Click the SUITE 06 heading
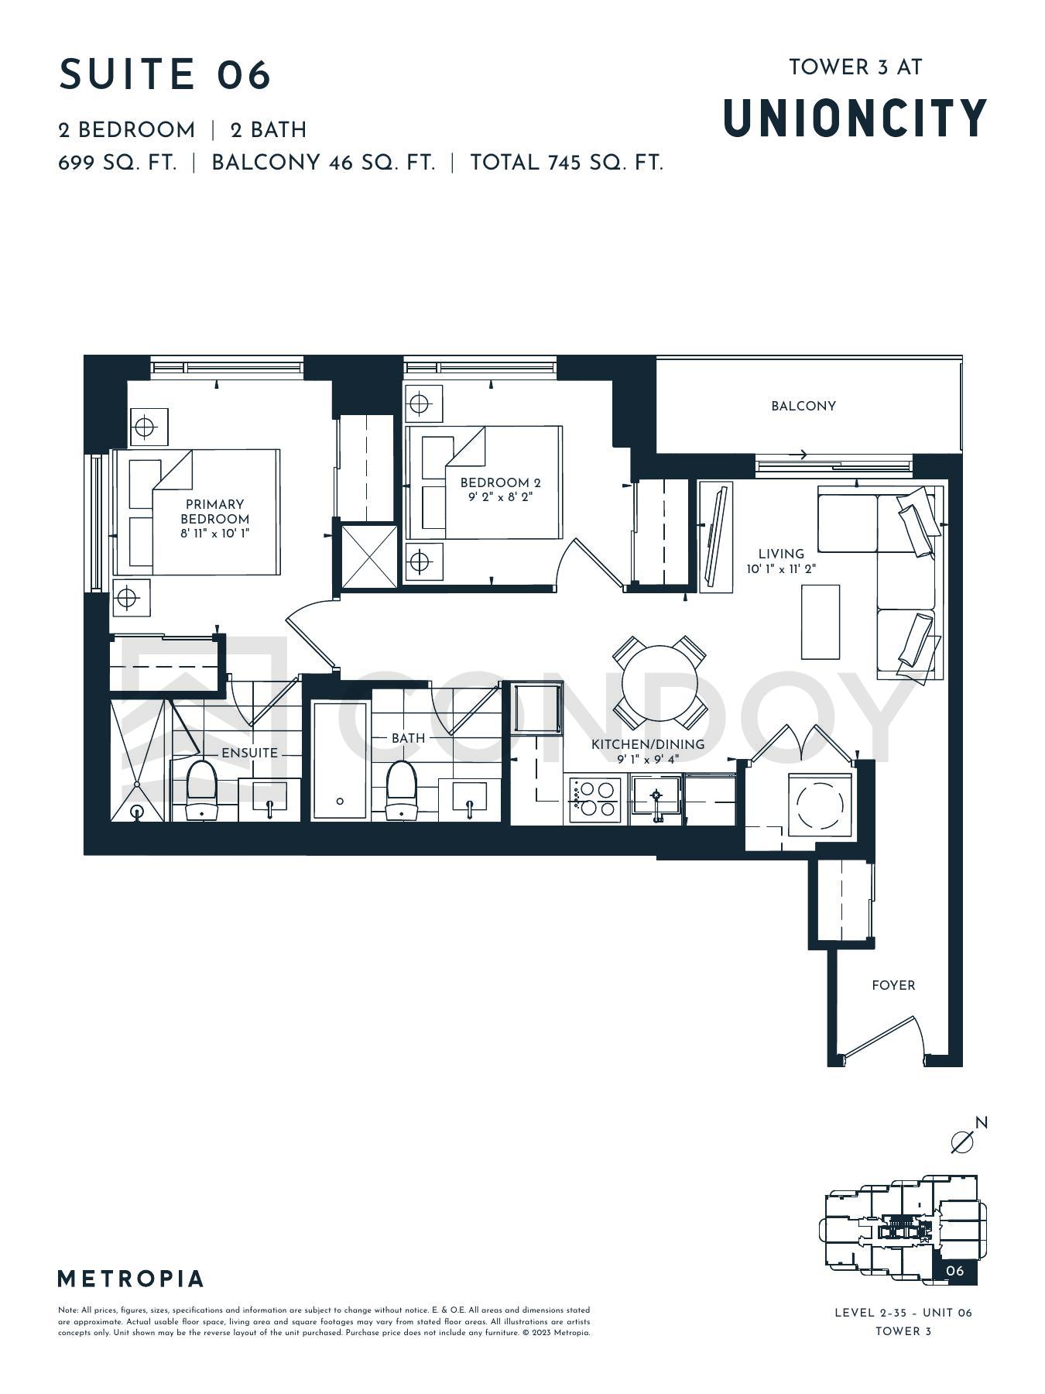tap(165, 74)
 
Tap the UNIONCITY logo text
tap(855, 118)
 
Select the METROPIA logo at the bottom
tap(131, 1279)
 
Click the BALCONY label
tap(803, 406)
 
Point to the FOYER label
tap(893, 985)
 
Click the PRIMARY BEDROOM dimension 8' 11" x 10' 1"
tap(214, 534)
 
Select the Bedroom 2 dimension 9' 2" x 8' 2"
tap(500, 497)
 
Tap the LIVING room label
tap(781, 554)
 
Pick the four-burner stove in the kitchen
tap(595, 799)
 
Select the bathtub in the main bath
tap(341, 760)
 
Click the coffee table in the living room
tap(820, 622)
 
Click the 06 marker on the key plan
tap(955, 1271)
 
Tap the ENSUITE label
tap(249, 753)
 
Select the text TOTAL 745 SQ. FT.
tap(567, 163)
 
